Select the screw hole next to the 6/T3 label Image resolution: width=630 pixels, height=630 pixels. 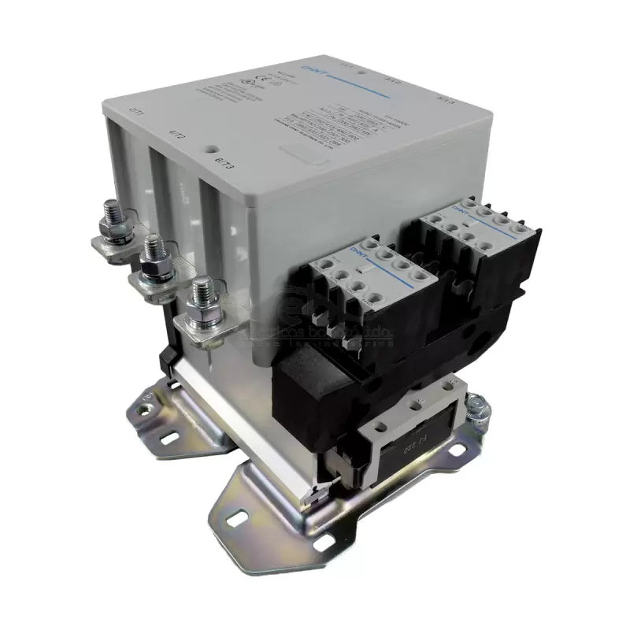(x=211, y=146)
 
